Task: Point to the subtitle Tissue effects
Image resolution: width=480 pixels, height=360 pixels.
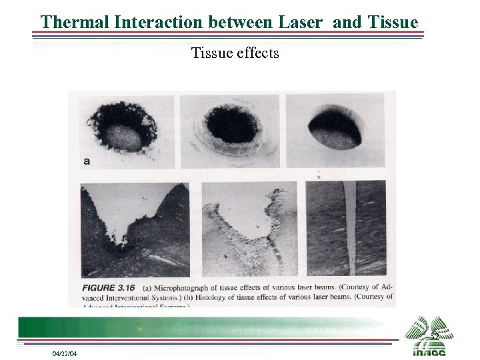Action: tap(235, 53)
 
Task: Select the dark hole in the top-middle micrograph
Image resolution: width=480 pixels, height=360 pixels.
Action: tap(231, 125)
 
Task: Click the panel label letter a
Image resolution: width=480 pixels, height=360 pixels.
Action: tap(86, 161)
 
